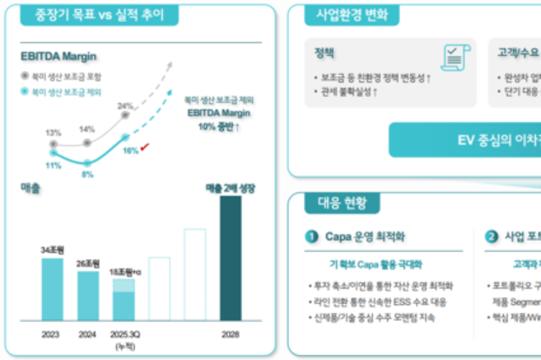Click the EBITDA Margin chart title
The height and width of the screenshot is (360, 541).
59,57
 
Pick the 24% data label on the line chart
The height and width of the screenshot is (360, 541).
125,106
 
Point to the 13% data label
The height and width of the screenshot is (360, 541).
53,133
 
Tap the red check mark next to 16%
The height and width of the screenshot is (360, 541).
146,148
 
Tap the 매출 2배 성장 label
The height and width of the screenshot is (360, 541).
230,188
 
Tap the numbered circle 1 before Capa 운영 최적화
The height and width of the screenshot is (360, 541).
312,237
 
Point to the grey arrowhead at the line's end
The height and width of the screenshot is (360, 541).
174,64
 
